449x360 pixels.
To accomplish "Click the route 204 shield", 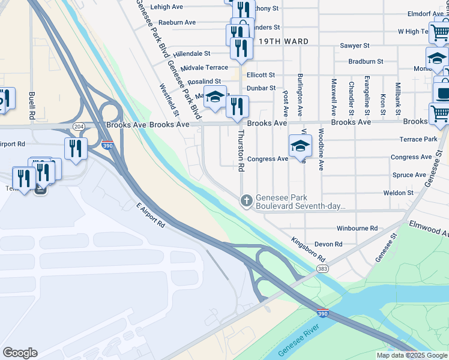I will [x=78, y=127].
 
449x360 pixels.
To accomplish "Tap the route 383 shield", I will [x=322, y=268].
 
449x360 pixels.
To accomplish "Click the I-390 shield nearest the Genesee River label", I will [x=323, y=313].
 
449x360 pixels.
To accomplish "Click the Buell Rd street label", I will [x=30, y=104].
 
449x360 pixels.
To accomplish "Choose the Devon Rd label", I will [x=328, y=244].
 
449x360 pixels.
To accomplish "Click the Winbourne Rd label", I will [x=357, y=229].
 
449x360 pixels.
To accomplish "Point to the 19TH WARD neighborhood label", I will [x=285, y=41].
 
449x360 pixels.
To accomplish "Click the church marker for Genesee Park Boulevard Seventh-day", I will [x=246, y=201].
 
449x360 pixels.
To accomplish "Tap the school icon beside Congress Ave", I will [x=300, y=145].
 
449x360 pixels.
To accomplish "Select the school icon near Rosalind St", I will [x=214, y=97].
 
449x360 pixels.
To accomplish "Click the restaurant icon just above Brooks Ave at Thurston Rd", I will [x=238, y=106].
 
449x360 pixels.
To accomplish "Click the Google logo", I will [x=20, y=353].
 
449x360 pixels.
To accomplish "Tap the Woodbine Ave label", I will [x=321, y=149].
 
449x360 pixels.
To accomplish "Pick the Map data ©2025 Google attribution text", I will [x=412, y=355].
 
